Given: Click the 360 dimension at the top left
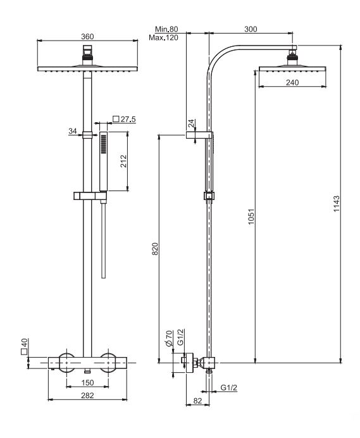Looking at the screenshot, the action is (87, 37).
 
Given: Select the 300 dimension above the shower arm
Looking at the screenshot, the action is (251, 29).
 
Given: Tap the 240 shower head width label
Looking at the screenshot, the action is (292, 82).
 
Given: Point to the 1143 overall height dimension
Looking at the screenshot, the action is (337, 203).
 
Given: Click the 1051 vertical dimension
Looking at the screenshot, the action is (251, 216).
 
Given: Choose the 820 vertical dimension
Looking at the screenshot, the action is (155, 249).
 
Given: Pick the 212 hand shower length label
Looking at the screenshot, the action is (123, 161).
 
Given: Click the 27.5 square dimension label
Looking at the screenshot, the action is (124, 119).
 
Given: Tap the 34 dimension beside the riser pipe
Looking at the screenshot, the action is (73, 131).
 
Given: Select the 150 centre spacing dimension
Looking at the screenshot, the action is (87, 382).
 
